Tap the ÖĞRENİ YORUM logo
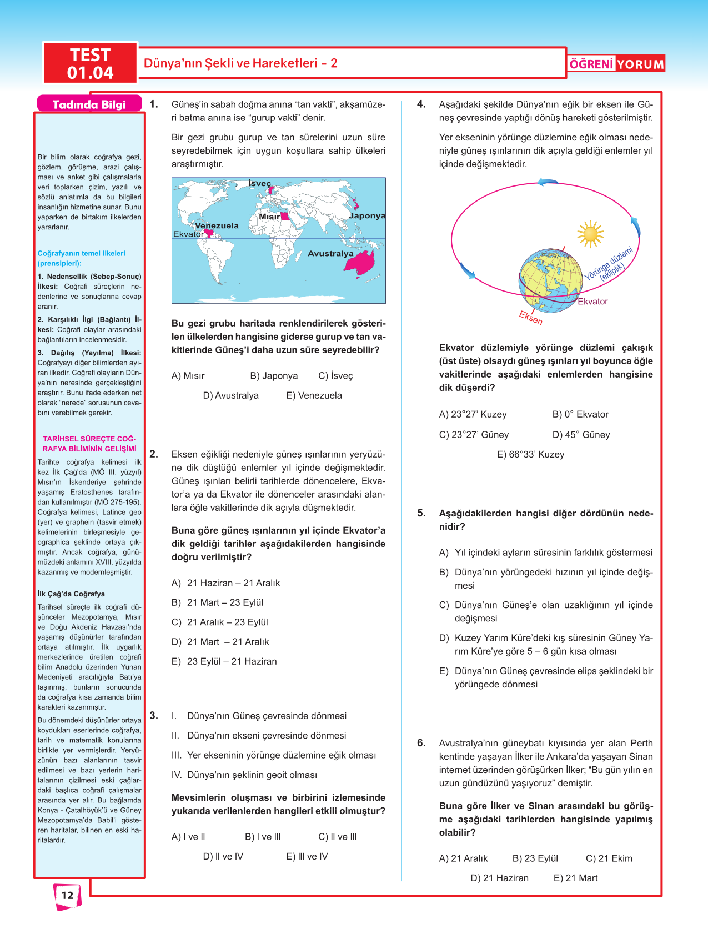click(616, 64)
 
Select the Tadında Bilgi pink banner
click(89, 104)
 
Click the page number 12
click(67, 895)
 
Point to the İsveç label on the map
click(259, 184)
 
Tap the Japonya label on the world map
click(367, 215)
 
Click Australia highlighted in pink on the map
click(360, 261)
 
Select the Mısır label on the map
click(269, 217)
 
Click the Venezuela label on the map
click(217, 225)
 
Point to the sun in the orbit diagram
click(590, 234)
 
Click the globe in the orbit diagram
click(550, 280)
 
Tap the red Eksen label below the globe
click(530, 318)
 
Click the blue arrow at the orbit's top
click(548, 182)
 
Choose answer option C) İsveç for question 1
click(335, 376)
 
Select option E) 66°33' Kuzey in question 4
click(530, 454)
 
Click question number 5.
click(421, 513)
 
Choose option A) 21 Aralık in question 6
click(463, 858)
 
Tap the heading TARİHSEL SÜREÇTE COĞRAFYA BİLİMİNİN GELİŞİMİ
click(89, 444)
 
